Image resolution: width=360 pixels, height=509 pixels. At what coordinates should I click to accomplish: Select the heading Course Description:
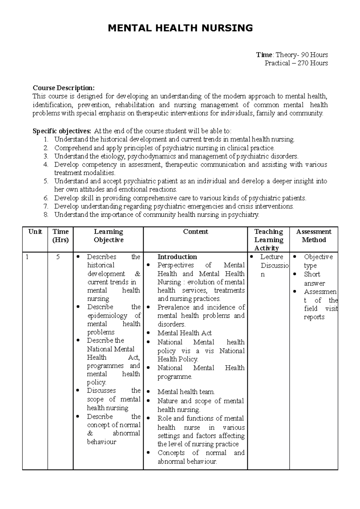click(x=63, y=88)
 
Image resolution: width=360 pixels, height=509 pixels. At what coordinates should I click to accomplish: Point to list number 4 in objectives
click(x=46, y=164)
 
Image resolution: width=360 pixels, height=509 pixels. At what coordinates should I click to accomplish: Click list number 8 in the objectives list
click(x=46, y=215)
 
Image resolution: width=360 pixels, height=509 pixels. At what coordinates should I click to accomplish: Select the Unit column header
click(x=35, y=232)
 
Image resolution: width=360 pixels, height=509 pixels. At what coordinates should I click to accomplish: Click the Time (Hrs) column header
click(x=60, y=236)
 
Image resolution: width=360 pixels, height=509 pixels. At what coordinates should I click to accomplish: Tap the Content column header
click(x=195, y=232)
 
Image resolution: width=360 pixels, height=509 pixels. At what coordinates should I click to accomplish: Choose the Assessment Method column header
click(x=313, y=236)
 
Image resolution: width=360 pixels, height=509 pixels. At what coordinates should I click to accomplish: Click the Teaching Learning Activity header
click(x=268, y=240)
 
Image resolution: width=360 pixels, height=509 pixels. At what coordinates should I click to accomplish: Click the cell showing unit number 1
click(x=27, y=257)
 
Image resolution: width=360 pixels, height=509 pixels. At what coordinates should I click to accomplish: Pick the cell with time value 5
click(x=58, y=257)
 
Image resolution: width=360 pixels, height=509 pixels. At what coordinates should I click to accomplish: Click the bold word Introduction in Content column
click(x=177, y=257)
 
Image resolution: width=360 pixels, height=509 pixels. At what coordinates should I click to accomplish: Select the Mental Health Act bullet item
click(x=184, y=333)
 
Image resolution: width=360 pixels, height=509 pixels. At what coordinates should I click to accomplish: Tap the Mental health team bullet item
click(x=186, y=392)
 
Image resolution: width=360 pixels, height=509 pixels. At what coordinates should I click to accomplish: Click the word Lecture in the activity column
click(x=271, y=257)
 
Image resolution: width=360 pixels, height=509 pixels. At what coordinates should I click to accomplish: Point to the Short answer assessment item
click(x=313, y=279)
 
